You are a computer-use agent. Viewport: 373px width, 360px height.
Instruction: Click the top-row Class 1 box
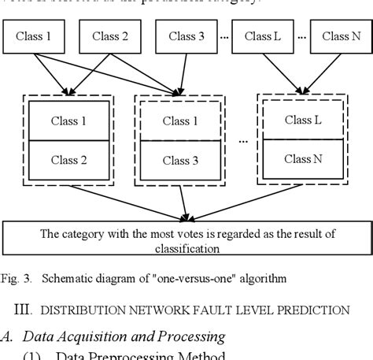[x=35, y=36]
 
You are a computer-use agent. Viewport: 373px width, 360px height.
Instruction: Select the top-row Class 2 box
[x=109, y=36]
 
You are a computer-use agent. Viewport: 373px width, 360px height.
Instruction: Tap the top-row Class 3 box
[x=186, y=36]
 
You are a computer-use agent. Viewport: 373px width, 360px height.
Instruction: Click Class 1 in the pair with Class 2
[x=69, y=121]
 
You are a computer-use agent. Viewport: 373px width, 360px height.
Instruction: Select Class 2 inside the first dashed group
[x=69, y=160]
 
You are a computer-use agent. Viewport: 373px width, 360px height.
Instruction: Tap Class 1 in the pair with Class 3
[x=180, y=121]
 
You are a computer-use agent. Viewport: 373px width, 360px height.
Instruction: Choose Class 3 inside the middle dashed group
[x=180, y=161]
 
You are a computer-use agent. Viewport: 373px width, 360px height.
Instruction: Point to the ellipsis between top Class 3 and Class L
[x=224, y=37]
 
